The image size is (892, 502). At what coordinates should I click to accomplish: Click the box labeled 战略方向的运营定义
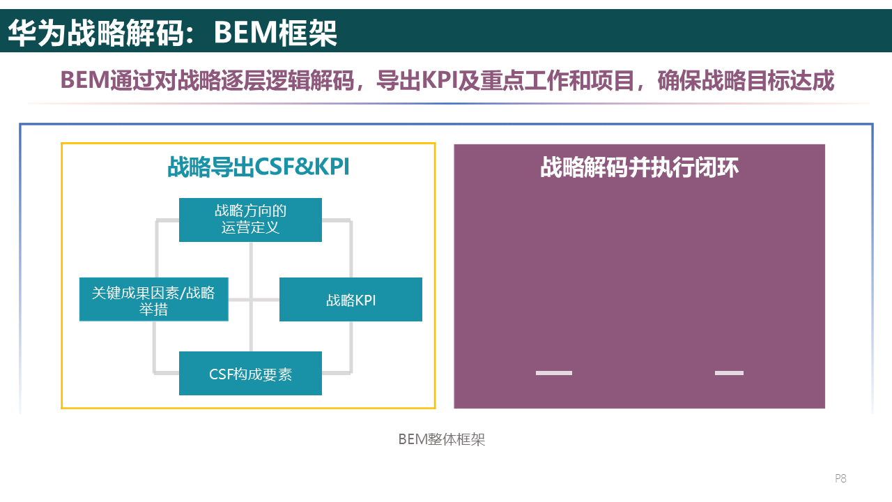(x=250, y=220)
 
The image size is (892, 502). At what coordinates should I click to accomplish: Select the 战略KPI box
(x=351, y=300)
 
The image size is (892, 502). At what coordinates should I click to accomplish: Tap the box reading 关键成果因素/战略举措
(x=153, y=300)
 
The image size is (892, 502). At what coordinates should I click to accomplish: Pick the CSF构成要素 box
(x=250, y=374)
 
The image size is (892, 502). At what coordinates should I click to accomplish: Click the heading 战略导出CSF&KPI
(x=258, y=167)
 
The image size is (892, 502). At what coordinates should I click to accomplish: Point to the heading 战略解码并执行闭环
(x=639, y=167)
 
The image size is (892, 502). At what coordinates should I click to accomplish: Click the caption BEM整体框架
(x=441, y=439)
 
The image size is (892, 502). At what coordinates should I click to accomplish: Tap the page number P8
(x=840, y=478)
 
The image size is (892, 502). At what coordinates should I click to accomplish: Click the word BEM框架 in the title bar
(x=275, y=32)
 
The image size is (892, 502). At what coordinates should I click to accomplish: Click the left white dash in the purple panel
(x=553, y=373)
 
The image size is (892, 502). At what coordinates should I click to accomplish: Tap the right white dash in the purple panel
(x=729, y=373)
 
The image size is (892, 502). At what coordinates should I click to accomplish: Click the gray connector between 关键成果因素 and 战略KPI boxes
(x=254, y=300)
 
